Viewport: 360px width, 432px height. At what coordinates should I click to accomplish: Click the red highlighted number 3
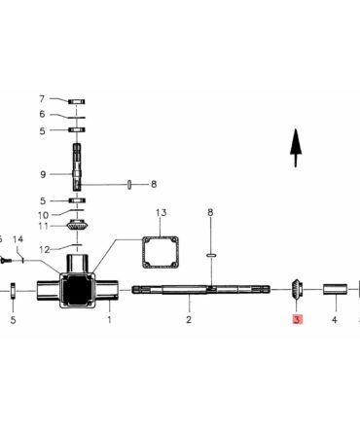[x=297, y=319]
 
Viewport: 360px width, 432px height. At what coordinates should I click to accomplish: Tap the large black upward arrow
[x=296, y=148]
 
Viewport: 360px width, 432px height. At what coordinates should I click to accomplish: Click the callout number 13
[x=161, y=213]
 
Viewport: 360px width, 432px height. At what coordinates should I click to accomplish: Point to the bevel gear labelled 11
[x=77, y=225]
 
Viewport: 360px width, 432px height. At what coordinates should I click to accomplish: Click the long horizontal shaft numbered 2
[x=200, y=289]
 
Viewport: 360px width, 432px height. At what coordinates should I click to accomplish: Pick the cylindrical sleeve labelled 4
[x=335, y=289]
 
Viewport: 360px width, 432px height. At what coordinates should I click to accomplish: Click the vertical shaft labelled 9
[x=77, y=166]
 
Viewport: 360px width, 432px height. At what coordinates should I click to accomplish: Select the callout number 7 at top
[x=42, y=99]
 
